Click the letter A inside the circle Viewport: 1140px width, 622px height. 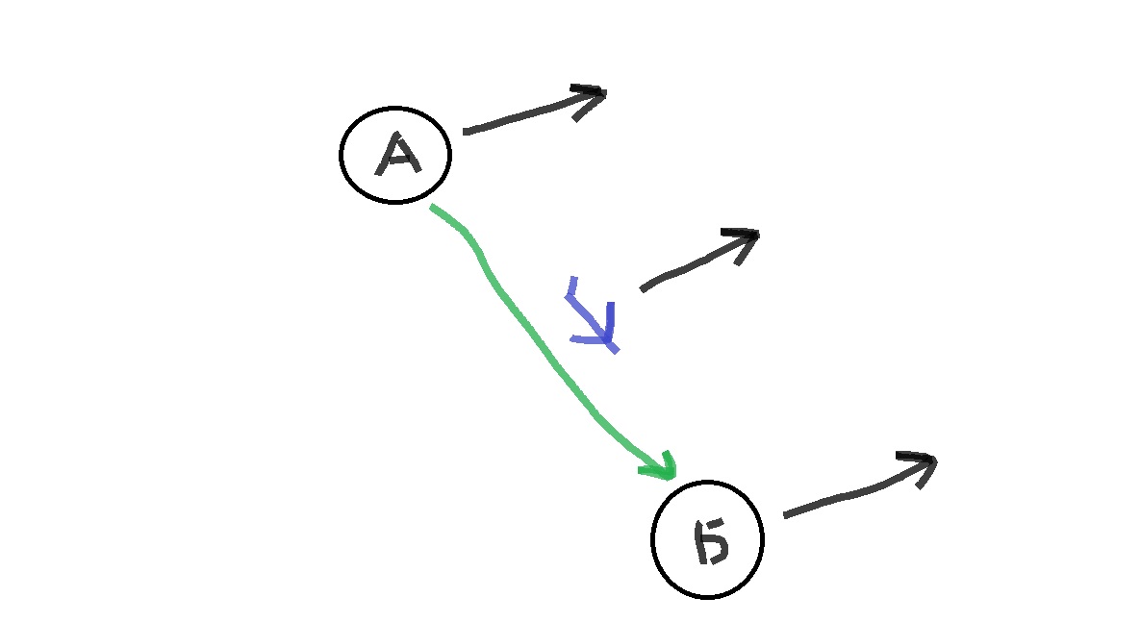(397, 154)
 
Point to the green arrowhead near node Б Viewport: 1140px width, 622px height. (663, 467)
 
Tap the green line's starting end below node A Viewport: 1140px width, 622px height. (432, 207)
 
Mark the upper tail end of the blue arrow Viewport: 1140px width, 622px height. (573, 278)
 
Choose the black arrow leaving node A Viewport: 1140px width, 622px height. (534, 112)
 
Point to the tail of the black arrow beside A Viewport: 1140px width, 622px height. (466, 133)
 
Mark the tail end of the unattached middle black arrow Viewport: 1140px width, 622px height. (642, 289)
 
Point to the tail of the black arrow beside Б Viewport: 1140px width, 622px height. (786, 516)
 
